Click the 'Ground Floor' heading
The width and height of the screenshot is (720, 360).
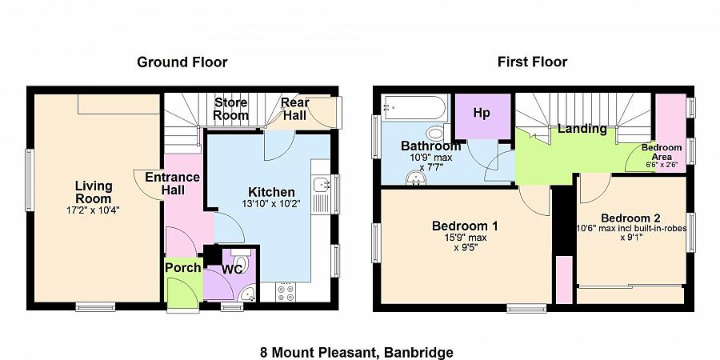pyautogui.click(x=182, y=62)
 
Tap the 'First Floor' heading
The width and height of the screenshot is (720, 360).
pyautogui.click(x=532, y=62)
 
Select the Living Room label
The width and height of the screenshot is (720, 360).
pyautogui.click(x=94, y=193)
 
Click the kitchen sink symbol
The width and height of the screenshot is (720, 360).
pyautogui.click(x=322, y=186)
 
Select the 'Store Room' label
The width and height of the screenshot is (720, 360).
pyautogui.click(x=230, y=110)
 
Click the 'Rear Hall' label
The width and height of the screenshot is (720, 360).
pyautogui.click(x=294, y=110)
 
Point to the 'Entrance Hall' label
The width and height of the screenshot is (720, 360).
pyautogui.click(x=166, y=183)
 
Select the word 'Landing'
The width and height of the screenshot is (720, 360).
pyautogui.click(x=582, y=129)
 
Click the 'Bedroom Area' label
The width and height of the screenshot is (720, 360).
pyautogui.click(x=662, y=152)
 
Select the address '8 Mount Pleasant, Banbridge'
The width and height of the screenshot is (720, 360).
pyautogui.click(x=357, y=353)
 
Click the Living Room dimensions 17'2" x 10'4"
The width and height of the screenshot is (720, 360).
pyautogui.click(x=94, y=211)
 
